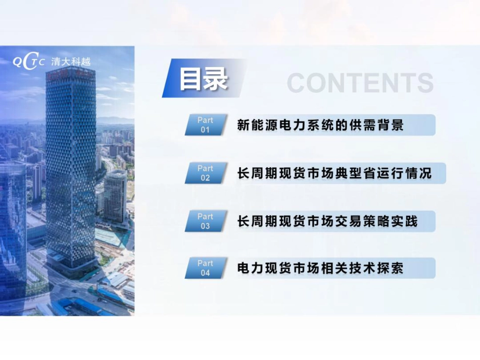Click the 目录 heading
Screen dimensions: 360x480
point(204,79)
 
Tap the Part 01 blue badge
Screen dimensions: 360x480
point(205,125)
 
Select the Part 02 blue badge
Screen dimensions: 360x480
point(205,173)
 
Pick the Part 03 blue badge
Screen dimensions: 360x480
point(205,221)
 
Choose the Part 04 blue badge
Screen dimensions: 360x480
point(205,268)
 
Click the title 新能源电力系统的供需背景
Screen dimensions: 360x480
point(320,125)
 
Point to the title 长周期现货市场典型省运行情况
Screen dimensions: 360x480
point(334,173)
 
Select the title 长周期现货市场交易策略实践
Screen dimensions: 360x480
point(327,221)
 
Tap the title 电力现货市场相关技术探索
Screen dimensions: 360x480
point(320,268)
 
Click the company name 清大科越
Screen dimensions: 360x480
point(71,62)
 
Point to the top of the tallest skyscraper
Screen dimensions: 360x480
point(70,71)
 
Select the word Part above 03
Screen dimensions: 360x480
point(205,217)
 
